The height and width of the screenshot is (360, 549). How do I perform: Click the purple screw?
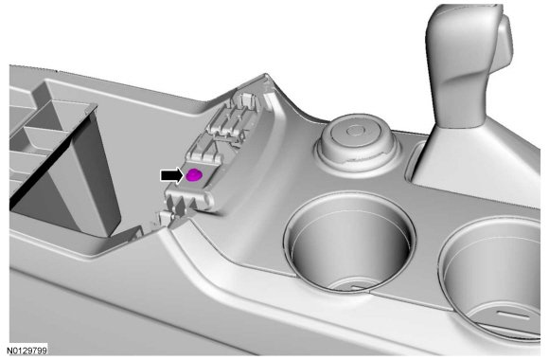pyautogui.click(x=194, y=174)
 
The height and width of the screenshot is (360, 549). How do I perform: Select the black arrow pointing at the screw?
pyautogui.click(x=172, y=175)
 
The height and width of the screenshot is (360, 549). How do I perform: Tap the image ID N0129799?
pyautogui.click(x=27, y=351)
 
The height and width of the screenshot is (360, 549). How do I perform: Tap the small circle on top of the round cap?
pyautogui.click(x=356, y=131)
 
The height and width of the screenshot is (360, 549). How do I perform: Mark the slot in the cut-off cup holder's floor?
pyautogui.click(x=514, y=315)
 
